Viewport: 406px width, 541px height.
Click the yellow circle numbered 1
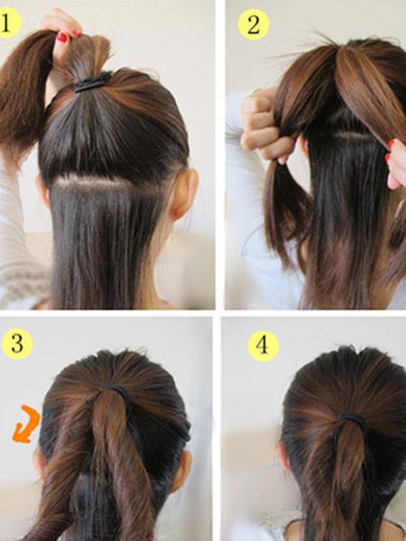click(8, 23)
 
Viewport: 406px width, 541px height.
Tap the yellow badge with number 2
click(254, 24)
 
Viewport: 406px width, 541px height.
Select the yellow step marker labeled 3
click(17, 344)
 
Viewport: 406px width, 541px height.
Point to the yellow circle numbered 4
click(263, 345)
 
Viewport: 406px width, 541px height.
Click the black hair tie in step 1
click(93, 83)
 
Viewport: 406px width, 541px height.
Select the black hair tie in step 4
click(354, 422)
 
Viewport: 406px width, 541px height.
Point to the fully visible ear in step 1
click(185, 193)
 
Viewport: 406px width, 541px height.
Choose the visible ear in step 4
click(282, 458)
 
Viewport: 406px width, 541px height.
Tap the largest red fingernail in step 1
click(62, 37)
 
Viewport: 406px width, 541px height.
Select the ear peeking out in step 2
click(303, 146)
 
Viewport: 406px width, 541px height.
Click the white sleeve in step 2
click(263, 214)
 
